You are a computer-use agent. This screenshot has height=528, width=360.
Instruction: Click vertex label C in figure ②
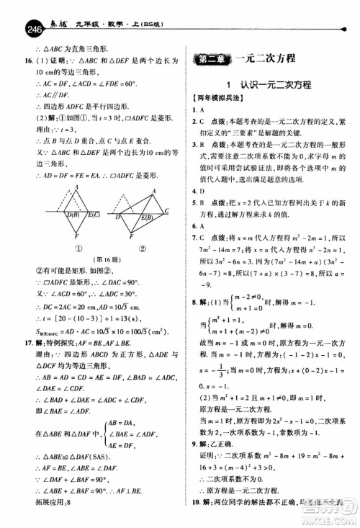[167, 210]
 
